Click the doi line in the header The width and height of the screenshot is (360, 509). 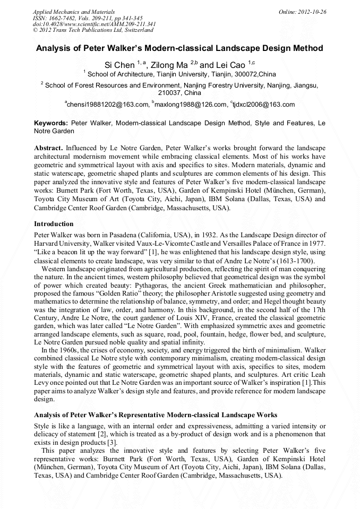point(94,24)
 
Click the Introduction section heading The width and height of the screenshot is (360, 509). point(54,224)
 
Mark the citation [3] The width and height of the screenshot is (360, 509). point(112,443)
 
